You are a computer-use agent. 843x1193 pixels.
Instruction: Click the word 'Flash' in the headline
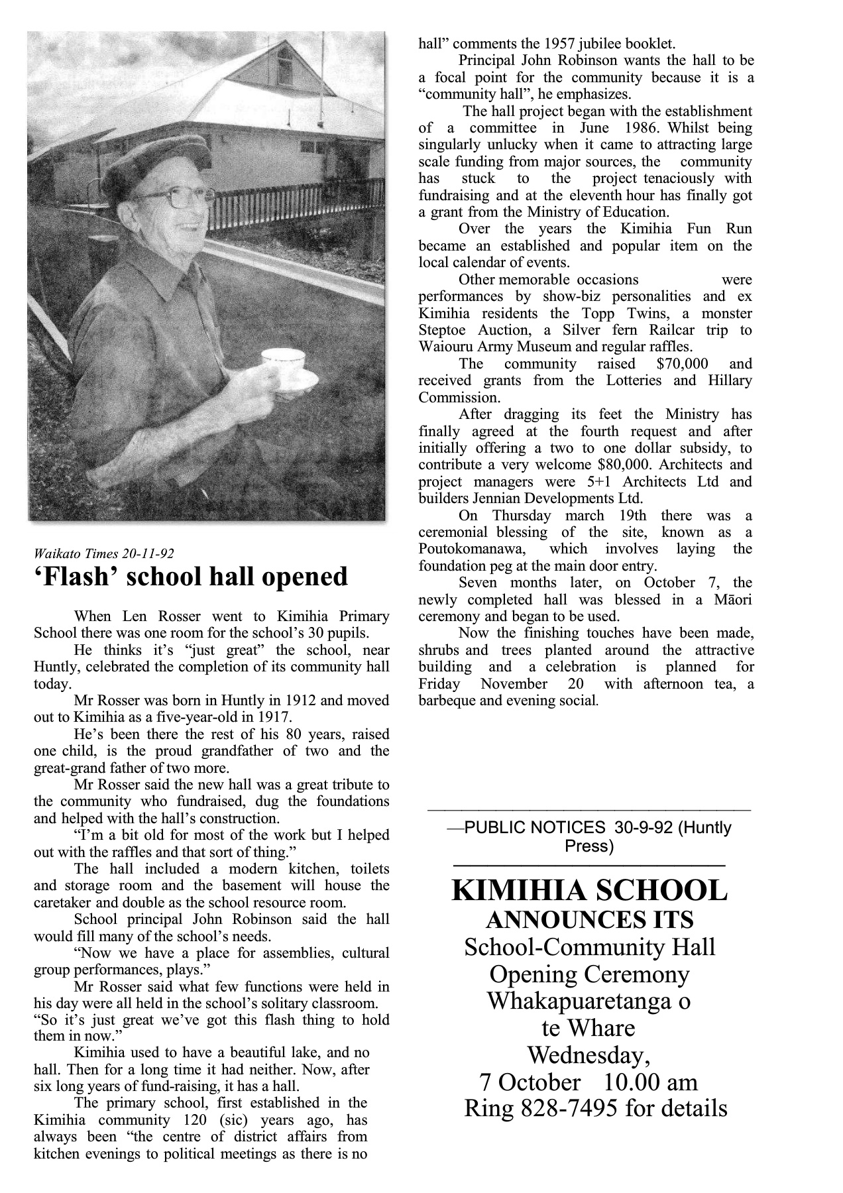pos(76,577)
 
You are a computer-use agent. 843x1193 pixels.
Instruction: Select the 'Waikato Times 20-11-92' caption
pos(104,553)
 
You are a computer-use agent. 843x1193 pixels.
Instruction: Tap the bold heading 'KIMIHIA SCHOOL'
pos(589,891)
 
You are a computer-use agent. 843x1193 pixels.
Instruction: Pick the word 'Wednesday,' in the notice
pos(589,1054)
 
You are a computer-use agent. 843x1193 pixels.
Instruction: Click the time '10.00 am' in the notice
pos(651,1082)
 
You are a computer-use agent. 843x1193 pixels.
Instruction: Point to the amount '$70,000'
pos(682,364)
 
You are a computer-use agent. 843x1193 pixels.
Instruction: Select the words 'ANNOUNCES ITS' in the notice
pos(589,920)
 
